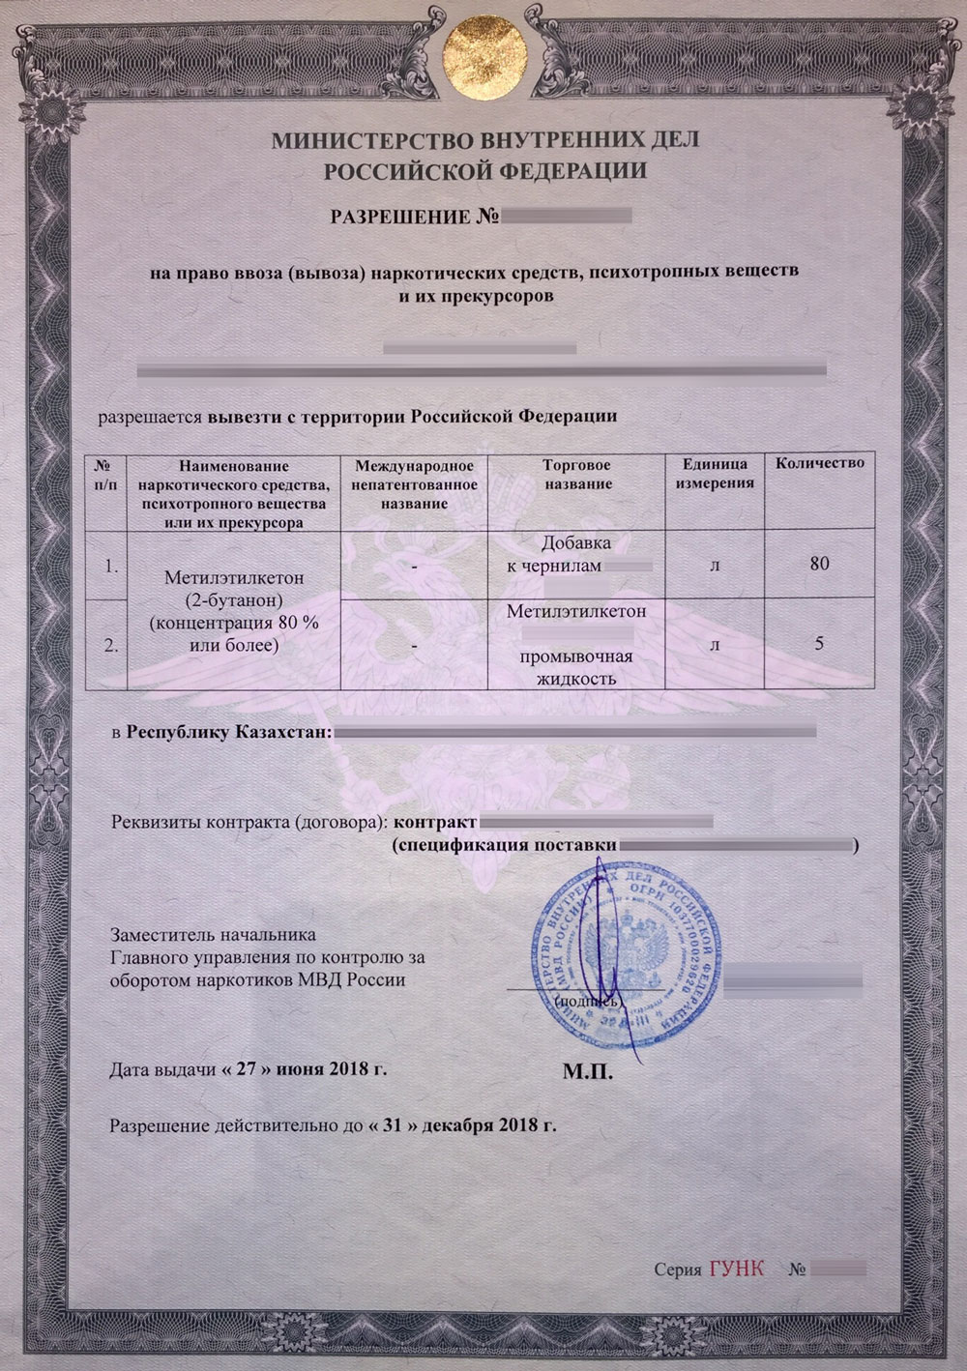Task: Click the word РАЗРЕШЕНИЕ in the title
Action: tap(401, 215)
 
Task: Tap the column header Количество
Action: tap(820, 464)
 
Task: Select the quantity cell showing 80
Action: tap(820, 564)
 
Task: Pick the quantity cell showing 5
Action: tap(820, 643)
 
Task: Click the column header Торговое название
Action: tap(576, 474)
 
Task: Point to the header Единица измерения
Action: tap(715, 474)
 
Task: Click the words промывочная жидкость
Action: tap(576, 668)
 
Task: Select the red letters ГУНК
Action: tap(736, 1268)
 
